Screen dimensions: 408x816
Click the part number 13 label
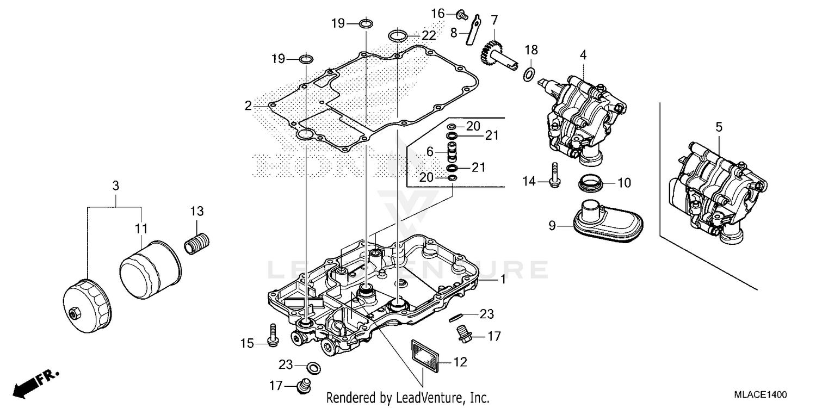pyautogui.click(x=196, y=211)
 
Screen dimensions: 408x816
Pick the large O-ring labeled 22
pyautogui.click(x=399, y=36)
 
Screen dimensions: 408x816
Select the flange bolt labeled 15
pyautogui.click(x=271, y=334)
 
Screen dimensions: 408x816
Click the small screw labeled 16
pyautogui.click(x=462, y=15)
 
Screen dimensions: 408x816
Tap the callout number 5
pyautogui.click(x=719, y=127)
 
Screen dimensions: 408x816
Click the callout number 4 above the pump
pyautogui.click(x=583, y=54)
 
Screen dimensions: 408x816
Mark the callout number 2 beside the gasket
pyautogui.click(x=248, y=106)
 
